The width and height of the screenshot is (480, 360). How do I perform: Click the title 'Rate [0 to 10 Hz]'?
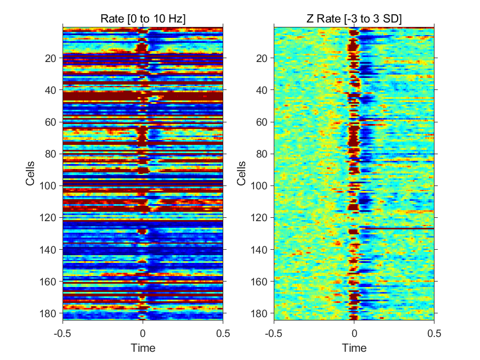click(x=143, y=19)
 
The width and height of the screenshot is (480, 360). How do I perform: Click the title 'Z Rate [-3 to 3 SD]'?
click(x=354, y=19)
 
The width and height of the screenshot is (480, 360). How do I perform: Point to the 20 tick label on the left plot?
click(x=50, y=58)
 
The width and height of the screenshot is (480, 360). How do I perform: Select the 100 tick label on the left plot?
click(x=48, y=186)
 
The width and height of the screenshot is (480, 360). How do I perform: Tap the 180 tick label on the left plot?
click(x=48, y=313)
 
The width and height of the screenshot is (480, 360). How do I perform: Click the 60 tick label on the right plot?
click(x=262, y=122)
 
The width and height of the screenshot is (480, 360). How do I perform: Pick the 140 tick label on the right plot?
click(x=259, y=250)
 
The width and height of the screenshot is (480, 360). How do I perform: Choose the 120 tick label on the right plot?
click(x=259, y=218)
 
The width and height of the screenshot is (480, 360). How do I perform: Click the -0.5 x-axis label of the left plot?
click(x=62, y=333)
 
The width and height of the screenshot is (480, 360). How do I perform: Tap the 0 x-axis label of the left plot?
click(x=143, y=333)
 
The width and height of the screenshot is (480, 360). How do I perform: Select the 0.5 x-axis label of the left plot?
click(x=223, y=333)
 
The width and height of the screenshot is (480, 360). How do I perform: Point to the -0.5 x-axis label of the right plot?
click(x=273, y=333)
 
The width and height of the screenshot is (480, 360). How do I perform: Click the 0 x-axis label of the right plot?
click(x=354, y=333)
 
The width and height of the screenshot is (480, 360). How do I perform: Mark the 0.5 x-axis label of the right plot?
click(x=434, y=333)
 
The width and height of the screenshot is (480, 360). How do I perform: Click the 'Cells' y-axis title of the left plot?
click(x=30, y=173)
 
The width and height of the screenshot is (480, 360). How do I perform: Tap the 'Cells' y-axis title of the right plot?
click(x=241, y=173)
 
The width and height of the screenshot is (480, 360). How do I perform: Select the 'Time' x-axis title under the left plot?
click(x=143, y=348)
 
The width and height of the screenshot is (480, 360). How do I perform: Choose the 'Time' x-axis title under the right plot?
click(x=354, y=348)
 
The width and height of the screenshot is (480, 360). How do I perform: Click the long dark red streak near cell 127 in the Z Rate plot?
click(x=397, y=228)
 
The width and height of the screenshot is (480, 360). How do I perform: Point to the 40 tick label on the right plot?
click(x=262, y=91)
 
